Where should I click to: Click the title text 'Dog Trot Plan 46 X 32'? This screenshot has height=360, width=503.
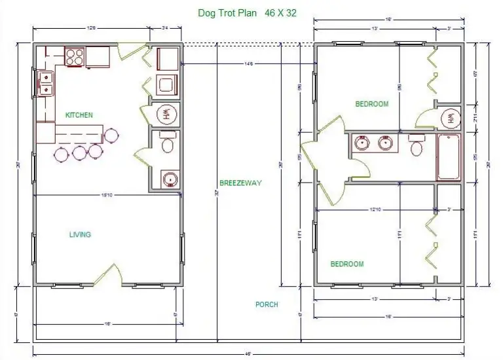pyautogui.click(x=248, y=12)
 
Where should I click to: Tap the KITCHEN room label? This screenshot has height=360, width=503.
pyautogui.click(x=79, y=115)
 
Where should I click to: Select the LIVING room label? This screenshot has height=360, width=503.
pyautogui.click(x=80, y=234)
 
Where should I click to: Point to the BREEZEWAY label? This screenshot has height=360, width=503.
pyautogui.click(x=240, y=183)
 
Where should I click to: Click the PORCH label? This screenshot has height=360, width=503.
pyautogui.click(x=267, y=304)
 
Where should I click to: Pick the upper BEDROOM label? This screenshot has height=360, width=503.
pyautogui.click(x=371, y=104)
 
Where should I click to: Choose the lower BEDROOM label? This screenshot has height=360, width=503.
pyautogui.click(x=347, y=264)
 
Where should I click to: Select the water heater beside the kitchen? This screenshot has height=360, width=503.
pyautogui.click(x=166, y=113)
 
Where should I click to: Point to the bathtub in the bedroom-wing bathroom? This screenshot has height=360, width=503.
pyautogui.click(x=450, y=157)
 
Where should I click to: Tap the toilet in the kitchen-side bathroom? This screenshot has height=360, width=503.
pyautogui.click(x=168, y=144)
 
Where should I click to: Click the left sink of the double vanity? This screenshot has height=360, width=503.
pyautogui.click(x=362, y=143)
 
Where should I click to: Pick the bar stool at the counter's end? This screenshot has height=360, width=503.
pyautogui.click(x=112, y=135)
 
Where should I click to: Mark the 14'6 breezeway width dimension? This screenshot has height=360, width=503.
pyautogui.click(x=248, y=63)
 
